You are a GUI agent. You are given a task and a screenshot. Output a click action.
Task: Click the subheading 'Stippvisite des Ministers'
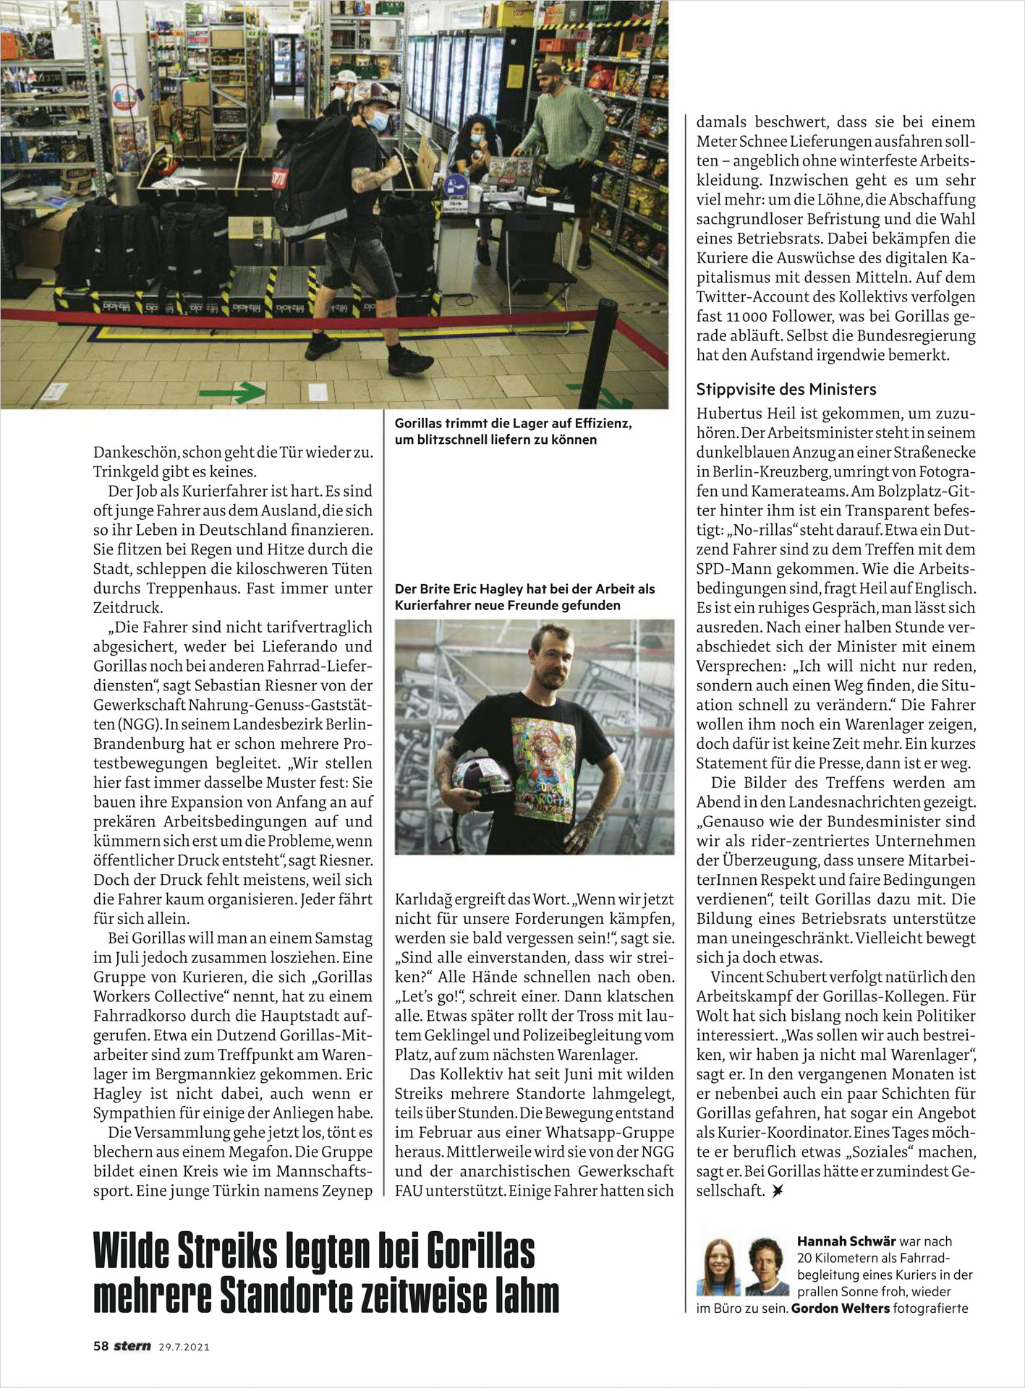786,390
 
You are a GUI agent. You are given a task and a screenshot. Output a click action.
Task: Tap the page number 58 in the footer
101,1346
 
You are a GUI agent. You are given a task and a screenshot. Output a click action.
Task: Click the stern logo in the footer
132,1346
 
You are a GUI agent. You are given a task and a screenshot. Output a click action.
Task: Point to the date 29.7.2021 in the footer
184,1347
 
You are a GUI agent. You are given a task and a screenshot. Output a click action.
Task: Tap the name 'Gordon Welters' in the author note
841,1308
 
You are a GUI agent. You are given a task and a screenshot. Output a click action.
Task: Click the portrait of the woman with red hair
718,1267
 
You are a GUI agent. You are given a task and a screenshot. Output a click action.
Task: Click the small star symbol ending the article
778,1190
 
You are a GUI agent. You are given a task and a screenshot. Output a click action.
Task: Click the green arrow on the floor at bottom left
231,393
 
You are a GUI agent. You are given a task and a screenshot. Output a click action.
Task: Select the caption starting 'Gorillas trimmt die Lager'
513,432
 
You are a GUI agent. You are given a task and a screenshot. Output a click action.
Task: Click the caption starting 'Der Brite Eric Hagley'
524,597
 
